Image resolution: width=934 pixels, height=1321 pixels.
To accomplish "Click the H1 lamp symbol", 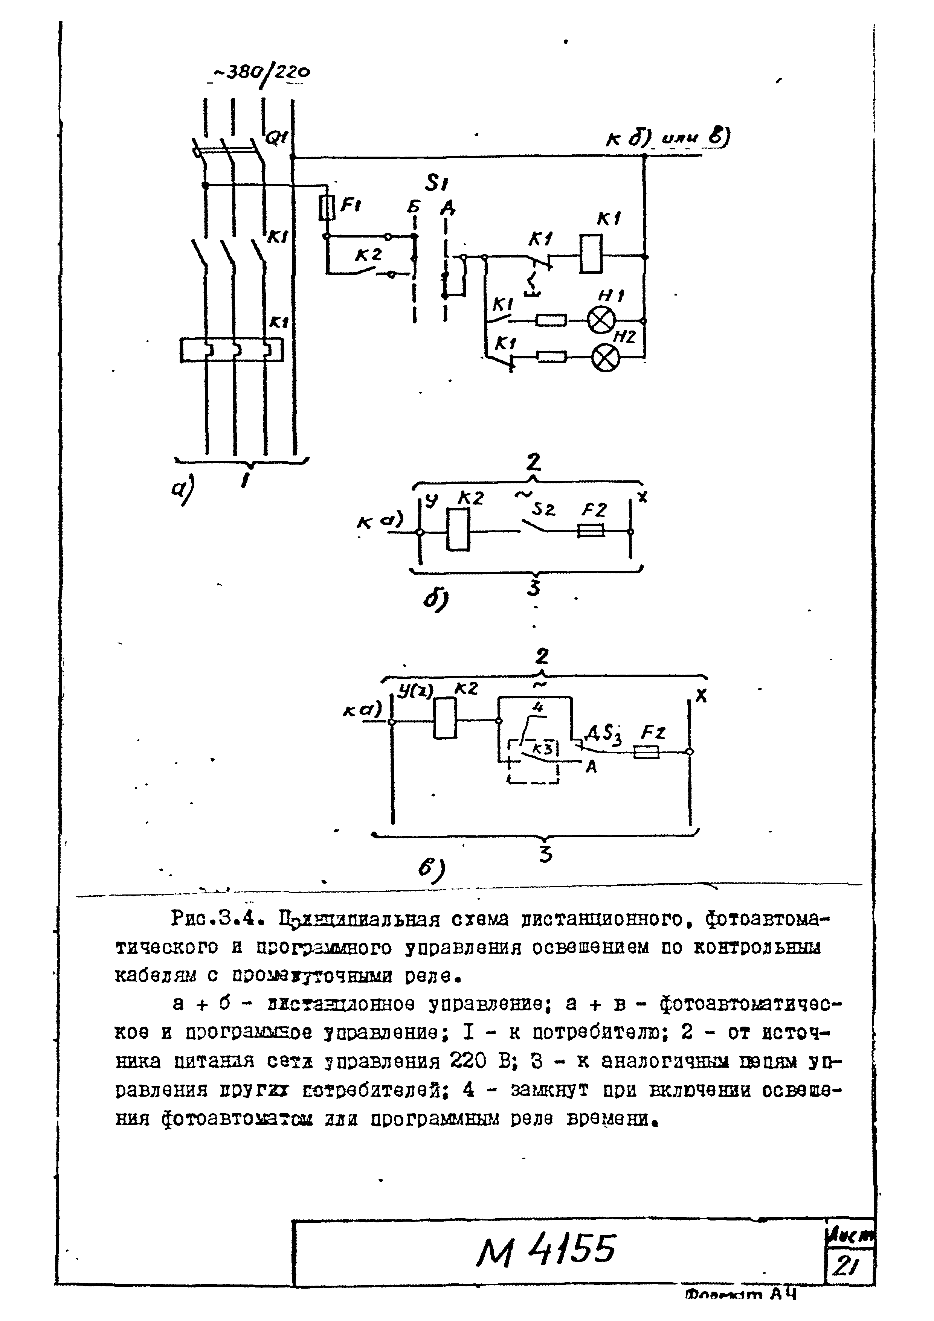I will (x=601, y=320).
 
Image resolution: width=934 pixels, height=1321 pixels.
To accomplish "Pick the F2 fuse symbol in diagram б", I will (x=591, y=532).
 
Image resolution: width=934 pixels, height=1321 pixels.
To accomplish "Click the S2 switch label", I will (x=543, y=509).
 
